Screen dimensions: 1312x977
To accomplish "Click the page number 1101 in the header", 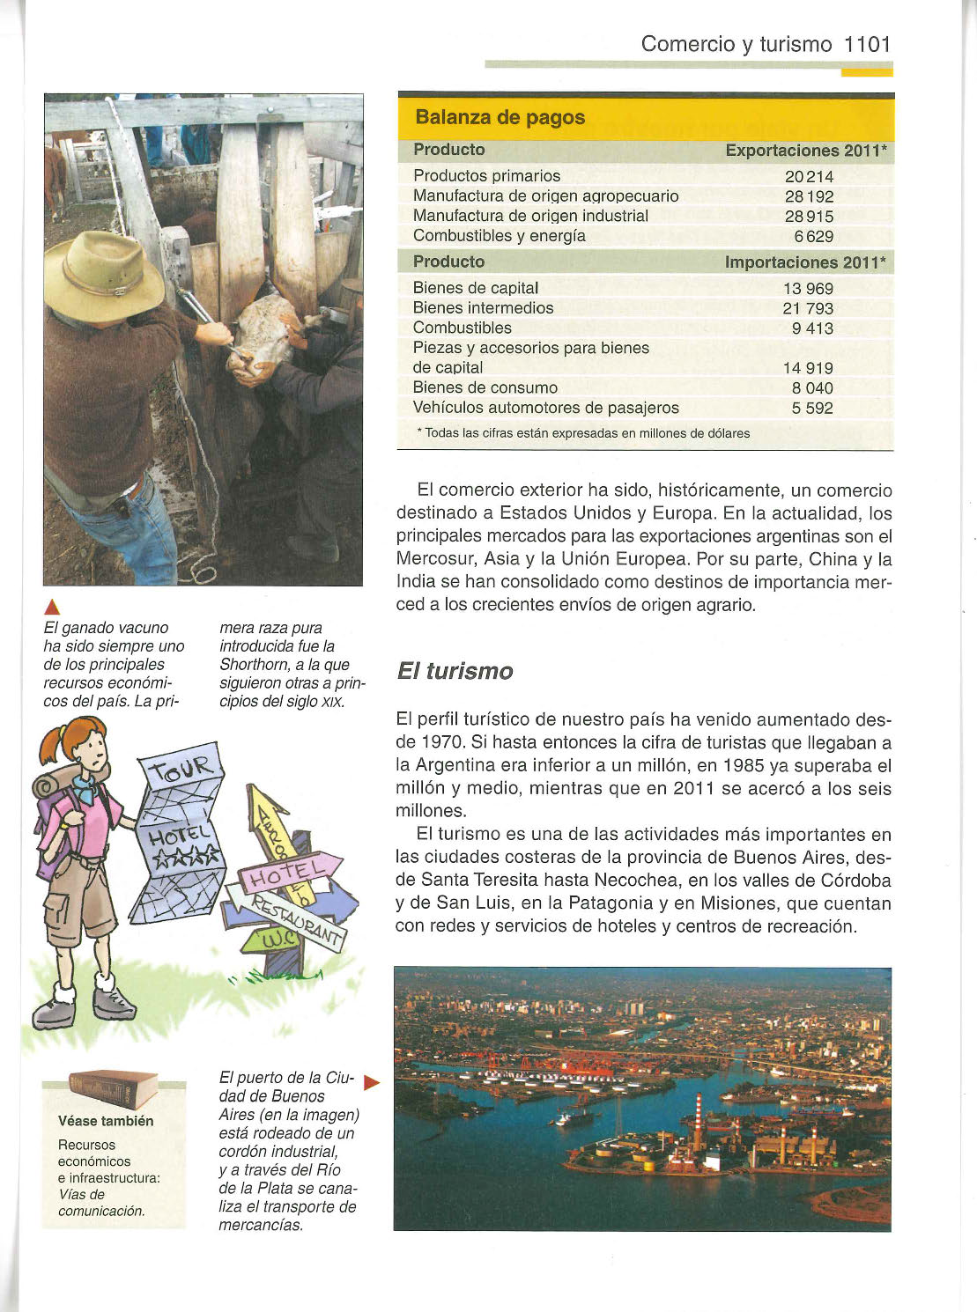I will (x=867, y=44).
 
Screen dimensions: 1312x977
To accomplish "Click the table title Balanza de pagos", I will (x=500, y=117).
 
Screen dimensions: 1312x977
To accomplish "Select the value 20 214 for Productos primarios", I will (x=808, y=176).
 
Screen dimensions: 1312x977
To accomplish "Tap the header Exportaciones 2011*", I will (x=805, y=151).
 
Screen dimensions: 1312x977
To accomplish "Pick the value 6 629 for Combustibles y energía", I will (x=813, y=236).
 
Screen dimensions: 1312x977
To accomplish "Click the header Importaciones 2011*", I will (x=804, y=262).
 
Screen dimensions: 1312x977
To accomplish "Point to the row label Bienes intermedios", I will (x=483, y=307).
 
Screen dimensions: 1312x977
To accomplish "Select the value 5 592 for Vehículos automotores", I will (x=811, y=408).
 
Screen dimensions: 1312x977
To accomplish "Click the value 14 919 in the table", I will (x=808, y=368).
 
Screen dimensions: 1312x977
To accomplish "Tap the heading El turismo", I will (x=455, y=671).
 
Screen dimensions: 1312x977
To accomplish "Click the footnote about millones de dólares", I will (x=583, y=433).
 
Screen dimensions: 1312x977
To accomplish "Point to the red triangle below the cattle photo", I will (x=52, y=606).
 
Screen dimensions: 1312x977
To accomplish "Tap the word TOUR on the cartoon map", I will (x=181, y=772).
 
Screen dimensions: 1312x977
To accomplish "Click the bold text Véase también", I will (x=106, y=1121).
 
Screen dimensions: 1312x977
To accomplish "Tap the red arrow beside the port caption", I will (x=371, y=1082).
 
